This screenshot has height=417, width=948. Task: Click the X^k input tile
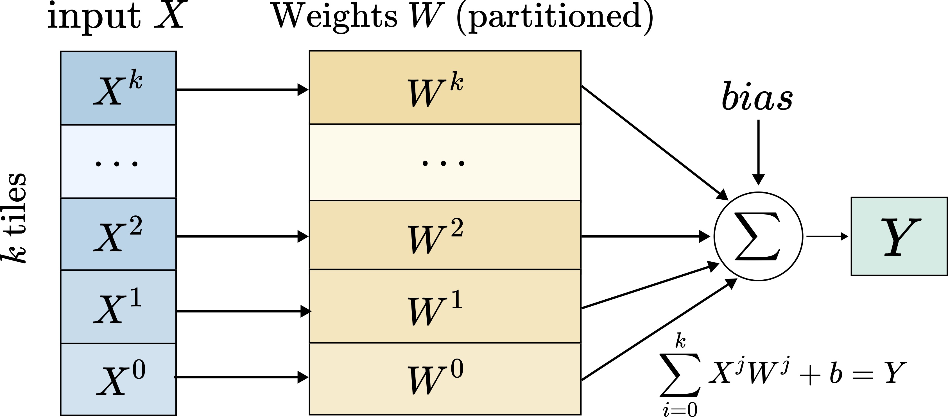tap(118, 88)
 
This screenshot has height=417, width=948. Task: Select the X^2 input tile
tap(118, 234)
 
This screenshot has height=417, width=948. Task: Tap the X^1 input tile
tap(118, 307)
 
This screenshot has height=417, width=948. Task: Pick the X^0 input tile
tap(118, 379)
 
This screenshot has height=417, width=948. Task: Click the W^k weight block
tap(445, 88)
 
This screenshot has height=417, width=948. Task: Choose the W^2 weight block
tap(445, 235)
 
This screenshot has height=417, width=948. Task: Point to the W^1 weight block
tap(445, 306)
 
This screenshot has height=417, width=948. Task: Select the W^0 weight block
tap(445, 379)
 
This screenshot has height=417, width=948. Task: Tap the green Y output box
tap(899, 236)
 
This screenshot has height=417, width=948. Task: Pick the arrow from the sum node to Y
tap(827, 236)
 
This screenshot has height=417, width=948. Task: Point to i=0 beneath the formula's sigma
tap(680, 410)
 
